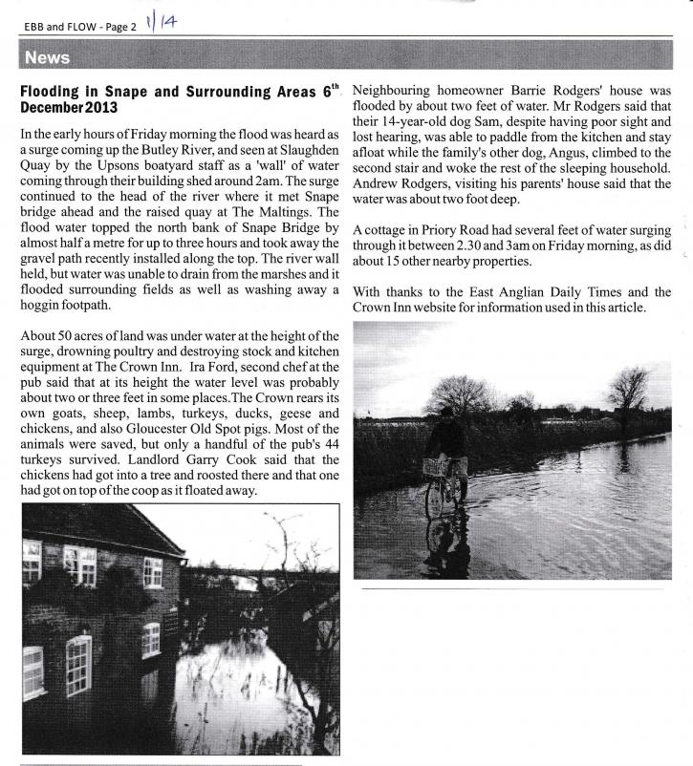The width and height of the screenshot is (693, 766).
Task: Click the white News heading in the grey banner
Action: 48,58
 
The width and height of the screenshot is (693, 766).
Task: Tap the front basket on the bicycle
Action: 436,466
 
